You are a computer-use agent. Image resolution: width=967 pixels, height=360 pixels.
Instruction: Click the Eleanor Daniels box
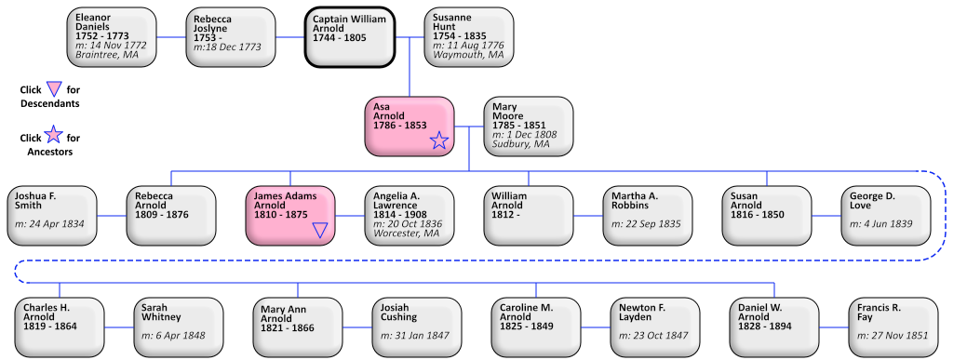(x=112, y=37)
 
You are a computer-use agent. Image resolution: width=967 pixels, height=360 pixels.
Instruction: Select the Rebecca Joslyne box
(x=231, y=37)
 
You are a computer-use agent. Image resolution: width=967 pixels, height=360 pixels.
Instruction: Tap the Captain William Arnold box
(x=350, y=37)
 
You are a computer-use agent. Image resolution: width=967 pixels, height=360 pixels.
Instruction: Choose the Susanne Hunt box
(x=469, y=37)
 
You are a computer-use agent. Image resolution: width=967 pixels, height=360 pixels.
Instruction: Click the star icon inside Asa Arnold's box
(x=439, y=140)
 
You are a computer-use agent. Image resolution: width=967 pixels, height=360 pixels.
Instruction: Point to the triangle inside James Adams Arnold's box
(x=320, y=230)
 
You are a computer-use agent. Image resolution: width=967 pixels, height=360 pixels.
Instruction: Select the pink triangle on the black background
(x=54, y=89)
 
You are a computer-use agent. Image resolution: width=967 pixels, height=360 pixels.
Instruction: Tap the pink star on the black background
(x=54, y=135)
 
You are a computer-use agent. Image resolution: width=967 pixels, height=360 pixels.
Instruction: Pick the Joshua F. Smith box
(x=52, y=216)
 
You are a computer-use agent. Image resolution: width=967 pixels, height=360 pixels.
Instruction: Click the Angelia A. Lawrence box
(x=410, y=216)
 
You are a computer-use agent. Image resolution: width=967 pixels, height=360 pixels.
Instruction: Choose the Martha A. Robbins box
(x=648, y=216)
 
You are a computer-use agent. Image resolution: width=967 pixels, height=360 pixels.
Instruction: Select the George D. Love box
(x=886, y=216)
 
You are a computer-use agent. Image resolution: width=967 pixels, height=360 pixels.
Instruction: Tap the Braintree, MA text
(x=106, y=55)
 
